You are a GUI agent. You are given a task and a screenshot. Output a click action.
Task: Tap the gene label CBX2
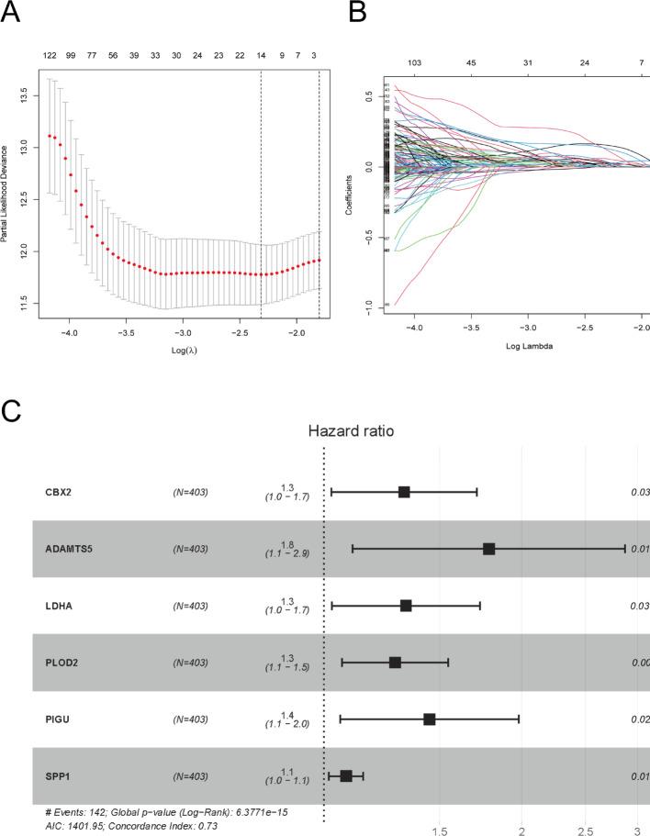pos(59,493)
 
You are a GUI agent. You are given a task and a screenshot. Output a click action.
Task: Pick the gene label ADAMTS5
pos(70,550)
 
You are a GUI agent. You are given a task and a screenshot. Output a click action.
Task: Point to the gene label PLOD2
pos(62,663)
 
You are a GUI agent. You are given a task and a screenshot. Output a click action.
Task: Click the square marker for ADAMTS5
pos(489,549)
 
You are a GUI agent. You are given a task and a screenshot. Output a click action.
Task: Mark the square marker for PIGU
pos(429,719)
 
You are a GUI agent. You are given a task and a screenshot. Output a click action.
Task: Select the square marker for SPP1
pos(346,776)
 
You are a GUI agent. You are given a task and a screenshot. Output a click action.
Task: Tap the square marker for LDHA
pos(406,606)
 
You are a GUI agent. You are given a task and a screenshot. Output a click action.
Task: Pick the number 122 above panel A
pos(50,56)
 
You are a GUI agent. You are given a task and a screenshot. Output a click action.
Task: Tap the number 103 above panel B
pos(414,62)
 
